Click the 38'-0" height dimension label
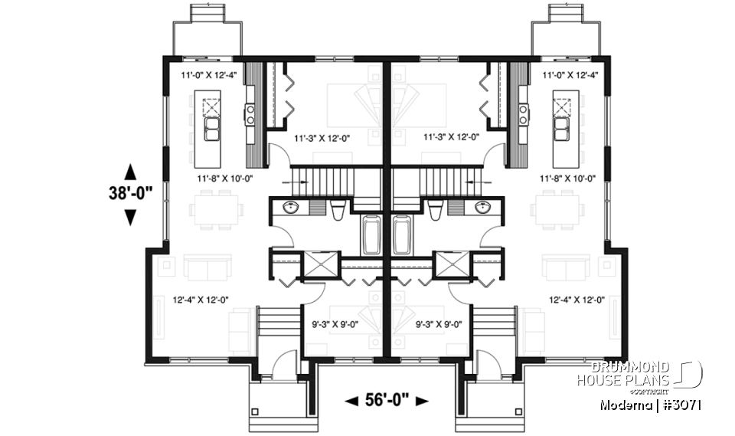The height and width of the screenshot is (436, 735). [x=129, y=194]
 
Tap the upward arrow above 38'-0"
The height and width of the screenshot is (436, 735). [x=129, y=171]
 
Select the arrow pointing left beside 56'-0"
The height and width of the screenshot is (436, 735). [x=352, y=401]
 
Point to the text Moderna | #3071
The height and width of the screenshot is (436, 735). [x=651, y=405]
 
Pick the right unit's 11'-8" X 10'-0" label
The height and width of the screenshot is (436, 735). [x=567, y=178]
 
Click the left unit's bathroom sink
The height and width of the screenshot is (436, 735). [x=290, y=208]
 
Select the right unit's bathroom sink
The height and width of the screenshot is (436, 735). [x=483, y=208]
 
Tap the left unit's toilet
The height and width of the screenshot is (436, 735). [x=338, y=209]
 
